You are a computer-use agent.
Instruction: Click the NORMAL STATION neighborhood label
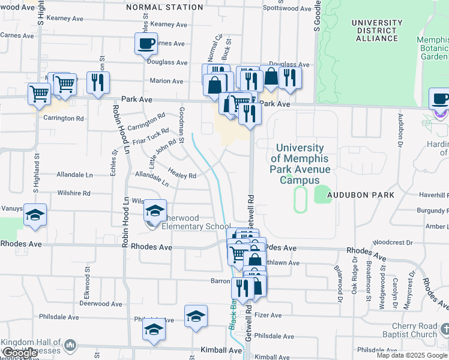coord(165,7)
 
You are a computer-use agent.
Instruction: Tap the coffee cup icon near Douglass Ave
coord(146,44)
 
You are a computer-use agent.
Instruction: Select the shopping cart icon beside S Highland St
coord(39,93)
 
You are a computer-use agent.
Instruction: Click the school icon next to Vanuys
coord(35,215)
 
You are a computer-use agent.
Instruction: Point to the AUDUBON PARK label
coord(362,195)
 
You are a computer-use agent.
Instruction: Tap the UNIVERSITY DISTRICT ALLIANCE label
coord(377,31)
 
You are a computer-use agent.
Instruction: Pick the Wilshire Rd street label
coord(73,194)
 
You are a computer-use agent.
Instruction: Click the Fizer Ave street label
coord(268,315)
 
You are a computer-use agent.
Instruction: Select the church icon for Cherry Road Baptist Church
coord(444,329)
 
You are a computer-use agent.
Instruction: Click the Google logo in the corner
coord(20,353)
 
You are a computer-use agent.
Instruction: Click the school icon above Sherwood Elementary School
coord(155,210)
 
